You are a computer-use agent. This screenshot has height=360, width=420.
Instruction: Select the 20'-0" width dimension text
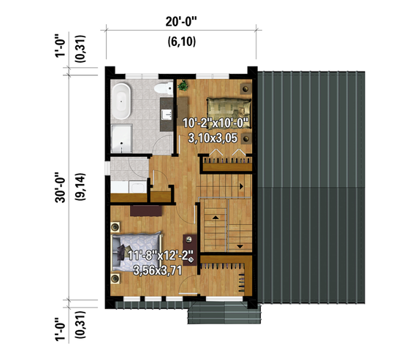180,22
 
